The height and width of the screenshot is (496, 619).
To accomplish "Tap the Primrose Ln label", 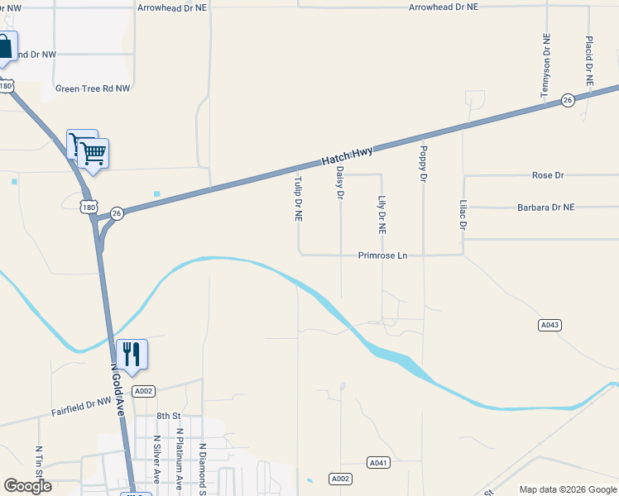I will tap(383, 255).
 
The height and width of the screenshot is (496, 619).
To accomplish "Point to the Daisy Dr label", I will tap(339, 184).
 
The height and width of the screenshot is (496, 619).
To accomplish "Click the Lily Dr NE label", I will tap(381, 215).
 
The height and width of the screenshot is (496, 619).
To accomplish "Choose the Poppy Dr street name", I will tap(423, 164).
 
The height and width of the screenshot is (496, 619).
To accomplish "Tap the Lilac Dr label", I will tap(463, 213).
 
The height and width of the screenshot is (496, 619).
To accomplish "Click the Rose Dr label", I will tap(548, 175).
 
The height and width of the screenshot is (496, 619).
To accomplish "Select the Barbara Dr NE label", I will tap(545, 207).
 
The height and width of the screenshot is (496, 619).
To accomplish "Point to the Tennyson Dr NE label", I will tap(545, 66).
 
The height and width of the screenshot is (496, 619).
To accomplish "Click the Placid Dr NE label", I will tap(588, 61).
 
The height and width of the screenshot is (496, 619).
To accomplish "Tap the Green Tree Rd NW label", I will tap(93, 88).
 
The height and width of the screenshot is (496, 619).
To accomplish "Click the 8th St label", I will tap(168, 416).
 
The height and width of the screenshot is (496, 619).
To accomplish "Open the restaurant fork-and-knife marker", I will tap(132, 354).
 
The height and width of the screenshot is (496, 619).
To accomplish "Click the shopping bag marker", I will tap(5, 47).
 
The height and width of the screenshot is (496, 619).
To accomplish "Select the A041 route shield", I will tap(378, 462).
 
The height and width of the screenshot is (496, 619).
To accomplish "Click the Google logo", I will tap(27, 486).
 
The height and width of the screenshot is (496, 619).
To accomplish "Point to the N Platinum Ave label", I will tap(179, 456).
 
